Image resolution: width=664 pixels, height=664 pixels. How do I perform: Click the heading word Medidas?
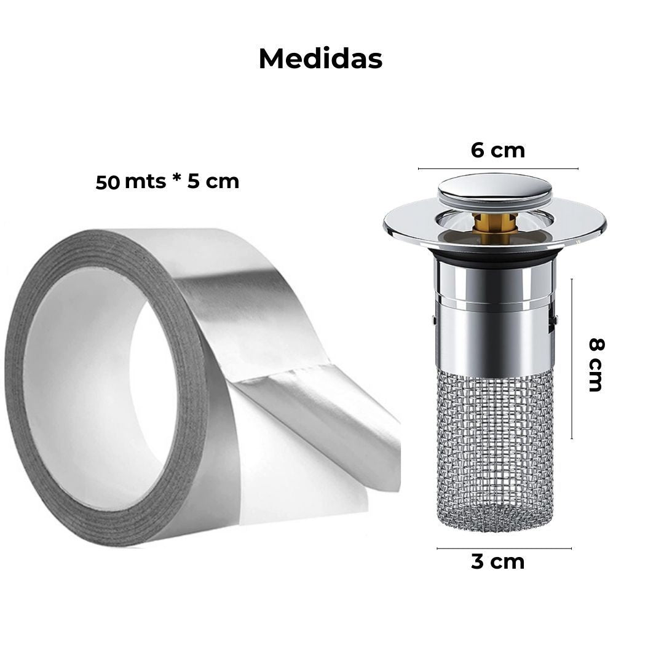(320, 58)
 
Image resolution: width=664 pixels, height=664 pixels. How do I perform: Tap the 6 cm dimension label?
(498, 151)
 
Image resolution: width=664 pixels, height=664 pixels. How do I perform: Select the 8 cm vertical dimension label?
(596, 365)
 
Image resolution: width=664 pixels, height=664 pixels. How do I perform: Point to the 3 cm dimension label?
(498, 561)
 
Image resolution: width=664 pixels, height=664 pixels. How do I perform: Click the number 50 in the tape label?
(108, 183)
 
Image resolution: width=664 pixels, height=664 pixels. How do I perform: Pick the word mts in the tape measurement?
(145, 182)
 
